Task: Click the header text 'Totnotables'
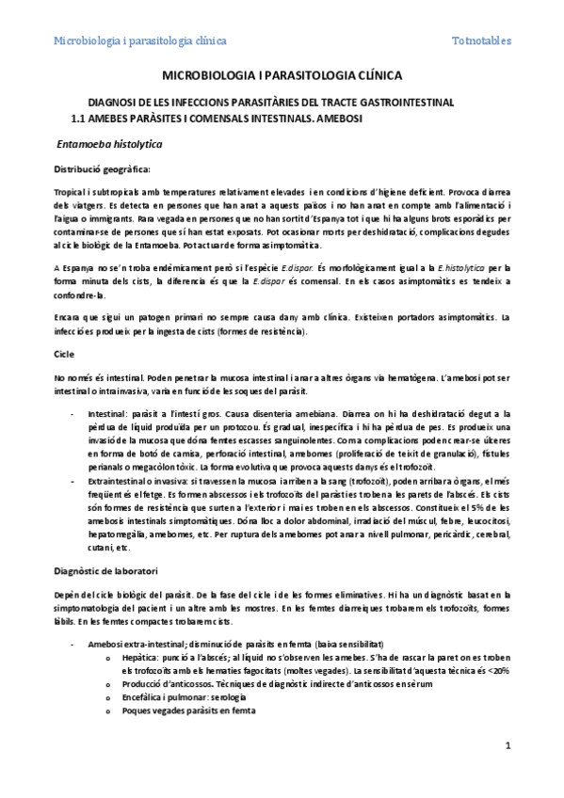point(481,41)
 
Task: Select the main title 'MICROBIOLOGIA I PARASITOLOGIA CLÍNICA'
point(282,74)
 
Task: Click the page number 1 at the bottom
point(507,745)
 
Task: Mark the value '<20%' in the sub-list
point(496,670)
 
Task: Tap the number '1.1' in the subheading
point(81,120)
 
